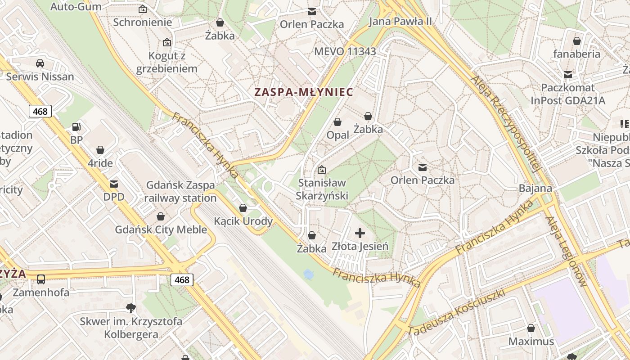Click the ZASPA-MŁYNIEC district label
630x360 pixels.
(303, 92)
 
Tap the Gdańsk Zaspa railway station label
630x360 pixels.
(180, 192)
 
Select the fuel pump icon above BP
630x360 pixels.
(76, 127)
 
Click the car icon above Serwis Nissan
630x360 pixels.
(40, 63)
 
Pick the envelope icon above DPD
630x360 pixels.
(114, 184)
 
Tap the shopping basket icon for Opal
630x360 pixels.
(337, 122)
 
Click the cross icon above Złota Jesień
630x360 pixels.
(360, 233)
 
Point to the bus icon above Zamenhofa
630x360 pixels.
(41, 279)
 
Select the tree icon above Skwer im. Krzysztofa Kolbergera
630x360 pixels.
(131, 308)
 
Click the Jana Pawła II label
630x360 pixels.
(400, 21)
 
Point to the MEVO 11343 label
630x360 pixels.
(345, 51)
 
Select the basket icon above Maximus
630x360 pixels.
(531, 328)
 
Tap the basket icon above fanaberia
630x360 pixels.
(577, 41)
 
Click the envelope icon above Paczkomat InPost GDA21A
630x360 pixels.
(568, 74)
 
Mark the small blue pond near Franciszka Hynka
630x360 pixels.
(308, 274)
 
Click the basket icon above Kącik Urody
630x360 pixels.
(243, 208)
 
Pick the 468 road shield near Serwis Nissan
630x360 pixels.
(40, 111)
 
